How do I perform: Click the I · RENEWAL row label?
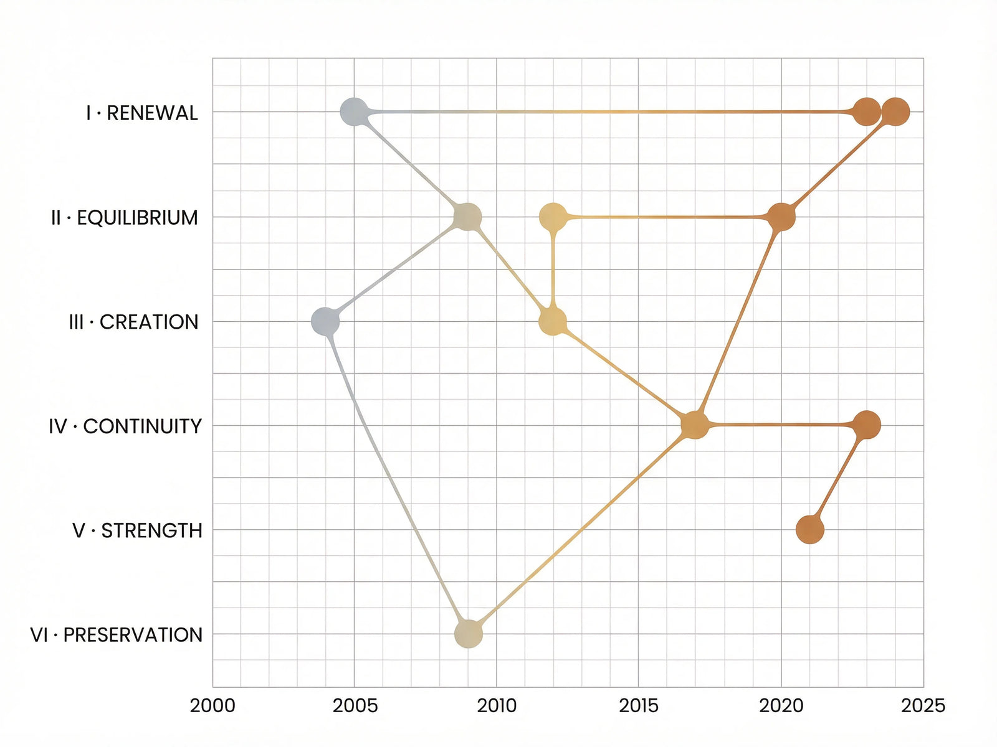click(x=142, y=113)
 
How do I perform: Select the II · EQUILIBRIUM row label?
click(x=125, y=217)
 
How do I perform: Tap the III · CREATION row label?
click(x=133, y=322)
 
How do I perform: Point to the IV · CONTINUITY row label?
click(x=125, y=426)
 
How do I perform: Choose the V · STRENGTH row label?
click(x=137, y=530)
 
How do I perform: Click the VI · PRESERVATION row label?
click(x=117, y=635)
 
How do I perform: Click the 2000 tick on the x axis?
click(x=212, y=705)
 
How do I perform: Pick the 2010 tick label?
click(x=497, y=705)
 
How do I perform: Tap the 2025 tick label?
click(x=923, y=705)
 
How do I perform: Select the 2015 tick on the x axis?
click(x=639, y=705)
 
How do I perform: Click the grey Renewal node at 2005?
click(x=354, y=112)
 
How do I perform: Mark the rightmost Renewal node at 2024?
click(x=895, y=112)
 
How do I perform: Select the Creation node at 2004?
click(x=325, y=321)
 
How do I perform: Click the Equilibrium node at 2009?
click(x=468, y=217)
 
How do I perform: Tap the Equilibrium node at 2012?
click(x=553, y=217)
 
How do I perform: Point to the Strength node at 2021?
click(x=810, y=530)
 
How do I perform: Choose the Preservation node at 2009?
click(x=469, y=634)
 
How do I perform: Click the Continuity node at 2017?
click(x=695, y=425)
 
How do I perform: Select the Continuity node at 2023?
click(x=867, y=425)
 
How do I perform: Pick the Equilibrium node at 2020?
click(x=781, y=217)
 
